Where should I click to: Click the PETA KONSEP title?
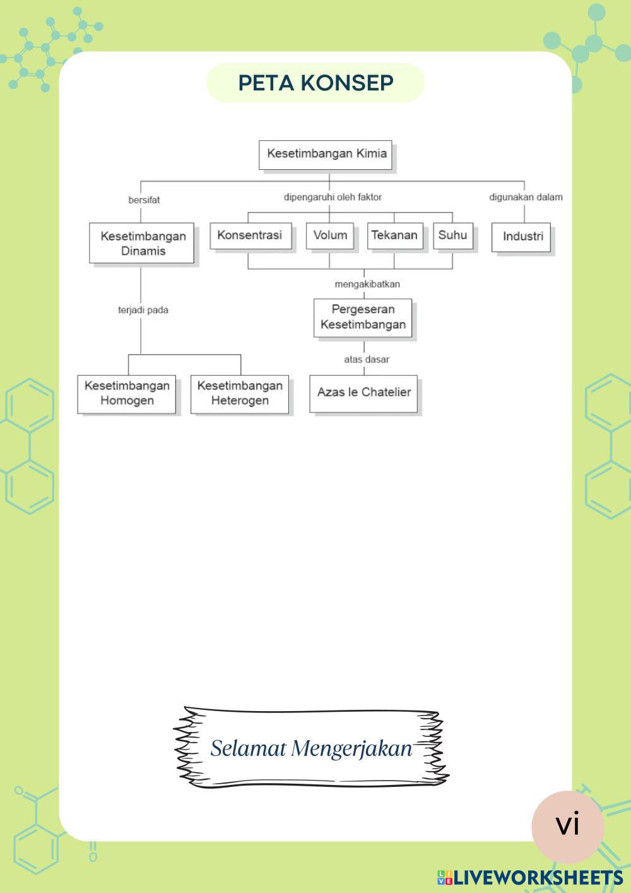click(x=315, y=83)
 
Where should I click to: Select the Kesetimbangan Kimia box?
click(x=326, y=154)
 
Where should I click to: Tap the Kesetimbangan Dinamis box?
click(x=142, y=243)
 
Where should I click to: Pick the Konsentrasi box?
click(x=251, y=236)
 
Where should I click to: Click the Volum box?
click(x=330, y=236)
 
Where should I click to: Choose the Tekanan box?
click(x=394, y=236)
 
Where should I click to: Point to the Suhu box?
click(x=452, y=236)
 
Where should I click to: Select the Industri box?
click(x=522, y=237)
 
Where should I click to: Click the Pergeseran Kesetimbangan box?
click(x=363, y=317)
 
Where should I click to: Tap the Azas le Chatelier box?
click(x=363, y=393)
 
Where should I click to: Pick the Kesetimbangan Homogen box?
click(x=127, y=393)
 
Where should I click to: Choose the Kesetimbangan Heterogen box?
click(x=240, y=393)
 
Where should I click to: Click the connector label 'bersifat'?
click(x=144, y=200)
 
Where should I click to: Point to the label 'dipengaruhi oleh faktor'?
click(x=333, y=197)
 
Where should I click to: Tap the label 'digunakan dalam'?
click(x=526, y=197)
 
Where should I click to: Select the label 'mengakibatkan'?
click(x=367, y=284)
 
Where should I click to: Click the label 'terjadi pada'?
click(x=143, y=310)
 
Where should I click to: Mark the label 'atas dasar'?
click(x=367, y=359)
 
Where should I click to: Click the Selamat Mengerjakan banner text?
click(x=311, y=748)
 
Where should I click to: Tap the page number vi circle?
click(x=567, y=825)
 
